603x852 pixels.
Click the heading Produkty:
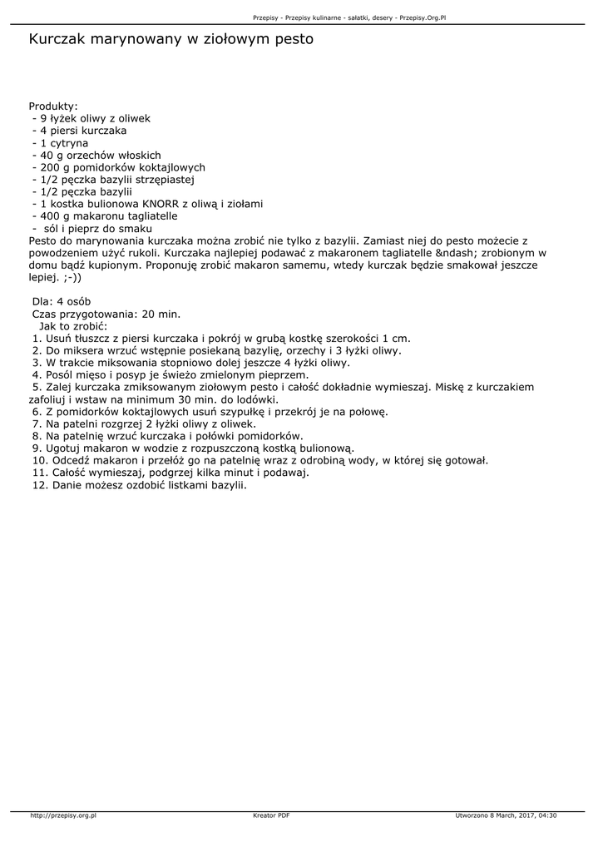pyautogui.click(x=53, y=106)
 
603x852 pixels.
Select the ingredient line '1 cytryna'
pyautogui.click(x=63, y=143)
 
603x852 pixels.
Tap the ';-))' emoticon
pyautogui.click(x=72, y=277)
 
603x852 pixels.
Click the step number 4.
pyautogui.click(x=36, y=374)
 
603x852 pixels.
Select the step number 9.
pyautogui.click(x=36, y=448)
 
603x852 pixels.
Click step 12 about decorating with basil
pyautogui.click(x=141, y=484)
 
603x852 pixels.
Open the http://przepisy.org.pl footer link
pyautogui.click(x=63, y=815)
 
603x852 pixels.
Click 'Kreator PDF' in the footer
pyautogui.click(x=271, y=815)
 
